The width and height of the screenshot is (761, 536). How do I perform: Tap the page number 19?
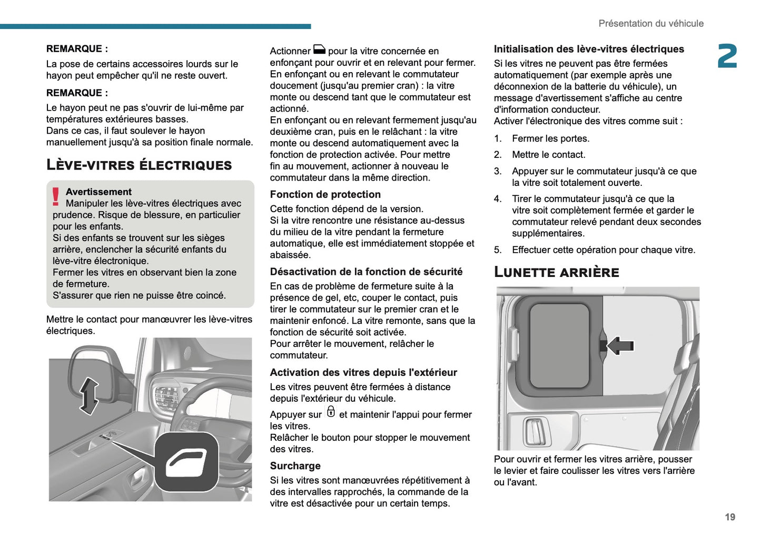729,517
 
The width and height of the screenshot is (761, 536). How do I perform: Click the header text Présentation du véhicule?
650,24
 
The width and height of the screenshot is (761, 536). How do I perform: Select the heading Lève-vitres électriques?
139,165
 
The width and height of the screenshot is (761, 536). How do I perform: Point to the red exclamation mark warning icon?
56,196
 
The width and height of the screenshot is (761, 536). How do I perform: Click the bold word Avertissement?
98,192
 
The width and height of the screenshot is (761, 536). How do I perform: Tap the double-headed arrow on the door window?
88,395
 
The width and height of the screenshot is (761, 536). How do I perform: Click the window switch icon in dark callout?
186,462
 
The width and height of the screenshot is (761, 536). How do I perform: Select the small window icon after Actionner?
319,49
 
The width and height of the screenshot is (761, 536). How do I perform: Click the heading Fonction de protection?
325,194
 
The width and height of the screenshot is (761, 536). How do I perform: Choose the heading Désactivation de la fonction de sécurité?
366,272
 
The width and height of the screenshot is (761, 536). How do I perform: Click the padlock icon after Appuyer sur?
331,412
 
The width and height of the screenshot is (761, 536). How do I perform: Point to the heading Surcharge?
295,466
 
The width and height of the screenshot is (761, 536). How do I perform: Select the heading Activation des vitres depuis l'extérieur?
363,372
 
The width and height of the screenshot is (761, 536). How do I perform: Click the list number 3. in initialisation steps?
498,171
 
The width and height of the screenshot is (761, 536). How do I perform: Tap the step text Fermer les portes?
550,138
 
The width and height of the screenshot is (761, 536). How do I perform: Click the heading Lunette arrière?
556,272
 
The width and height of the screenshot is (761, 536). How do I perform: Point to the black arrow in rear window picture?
620,346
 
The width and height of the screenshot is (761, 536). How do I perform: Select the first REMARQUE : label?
77,49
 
